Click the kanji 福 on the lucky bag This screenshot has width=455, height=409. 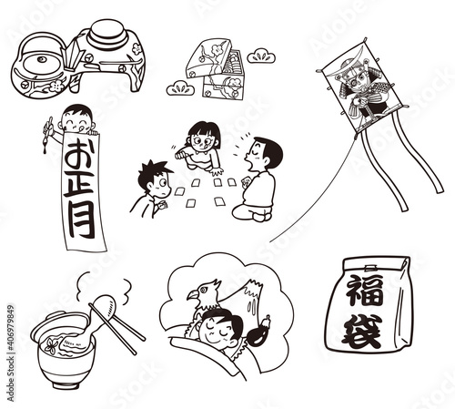pyautogui.click(x=364, y=290)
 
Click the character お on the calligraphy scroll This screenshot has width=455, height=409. pyautogui.click(x=79, y=155)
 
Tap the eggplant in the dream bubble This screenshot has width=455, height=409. pyautogui.click(x=258, y=332)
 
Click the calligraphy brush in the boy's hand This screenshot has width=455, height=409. pyautogui.click(x=47, y=134)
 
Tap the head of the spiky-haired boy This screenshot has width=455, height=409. pyautogui.click(x=154, y=179)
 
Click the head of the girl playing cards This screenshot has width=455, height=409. pyautogui.click(x=203, y=136)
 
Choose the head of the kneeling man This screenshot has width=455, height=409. pyautogui.click(x=266, y=152)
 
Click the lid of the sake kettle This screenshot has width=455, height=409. pyautogui.click(x=41, y=62)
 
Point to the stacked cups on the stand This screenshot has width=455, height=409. pyautogui.click(x=106, y=35)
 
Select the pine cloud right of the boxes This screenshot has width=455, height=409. pyautogui.click(x=261, y=56)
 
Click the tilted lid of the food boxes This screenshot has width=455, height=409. pyautogui.click(x=209, y=57)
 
